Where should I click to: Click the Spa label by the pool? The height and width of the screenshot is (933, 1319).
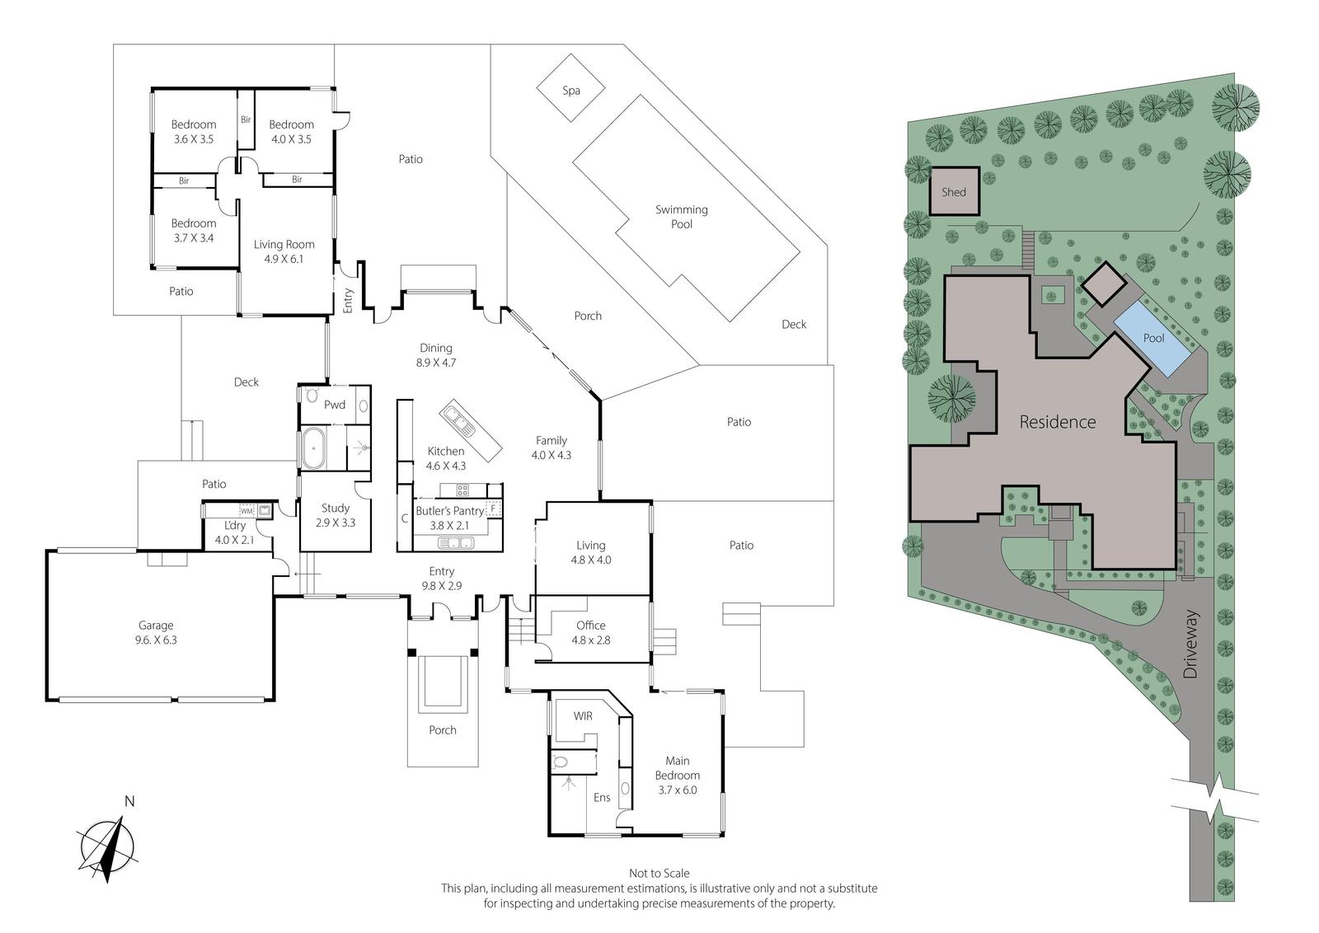coord(570,91)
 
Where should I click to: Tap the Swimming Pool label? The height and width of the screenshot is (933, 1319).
coord(681,217)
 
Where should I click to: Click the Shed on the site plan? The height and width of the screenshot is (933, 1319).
coord(954,191)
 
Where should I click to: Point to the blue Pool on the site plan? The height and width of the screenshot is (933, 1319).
coord(1152,339)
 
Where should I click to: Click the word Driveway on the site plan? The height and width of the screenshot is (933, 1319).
coord(1190,645)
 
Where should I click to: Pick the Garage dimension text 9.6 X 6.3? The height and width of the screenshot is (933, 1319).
coord(156,640)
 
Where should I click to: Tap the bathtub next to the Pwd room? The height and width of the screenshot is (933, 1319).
coord(312,448)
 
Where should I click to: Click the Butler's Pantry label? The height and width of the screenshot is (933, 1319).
coord(450,510)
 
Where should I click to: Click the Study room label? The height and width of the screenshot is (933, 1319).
coord(335,508)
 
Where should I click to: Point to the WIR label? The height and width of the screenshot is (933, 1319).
coord(583,715)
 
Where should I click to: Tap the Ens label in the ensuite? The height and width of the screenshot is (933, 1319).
coord(602,798)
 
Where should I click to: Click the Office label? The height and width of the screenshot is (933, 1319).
coord(590,625)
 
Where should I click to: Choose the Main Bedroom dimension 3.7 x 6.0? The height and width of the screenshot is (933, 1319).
coord(677,790)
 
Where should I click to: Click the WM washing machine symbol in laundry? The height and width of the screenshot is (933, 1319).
coord(246,511)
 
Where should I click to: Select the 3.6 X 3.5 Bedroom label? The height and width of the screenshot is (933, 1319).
coord(194,132)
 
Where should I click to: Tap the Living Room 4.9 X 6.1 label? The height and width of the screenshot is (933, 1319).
coord(284,251)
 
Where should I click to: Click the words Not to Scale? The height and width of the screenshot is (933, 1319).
coord(659,874)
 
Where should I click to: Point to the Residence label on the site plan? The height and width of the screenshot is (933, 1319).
coord(1058,421)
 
